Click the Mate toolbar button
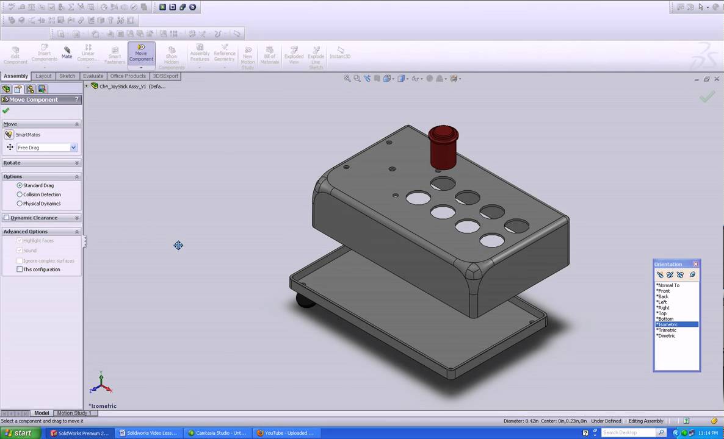(67, 52)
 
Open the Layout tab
(43, 76)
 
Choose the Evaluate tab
(93, 76)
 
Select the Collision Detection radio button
(20, 195)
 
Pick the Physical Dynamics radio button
(20, 204)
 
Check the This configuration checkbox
(20, 269)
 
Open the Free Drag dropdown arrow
(73, 148)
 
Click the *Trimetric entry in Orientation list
(667, 330)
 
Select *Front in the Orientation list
(664, 291)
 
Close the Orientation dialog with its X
(695, 264)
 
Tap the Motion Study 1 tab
(74, 413)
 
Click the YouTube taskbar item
(285, 433)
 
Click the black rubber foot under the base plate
(303, 300)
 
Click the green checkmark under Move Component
(6, 110)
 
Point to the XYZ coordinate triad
(100, 384)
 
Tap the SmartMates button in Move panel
(9, 135)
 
